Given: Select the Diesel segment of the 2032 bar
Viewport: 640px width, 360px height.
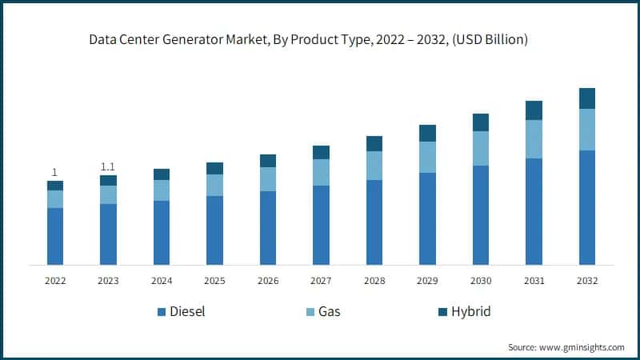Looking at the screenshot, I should click(x=587, y=207).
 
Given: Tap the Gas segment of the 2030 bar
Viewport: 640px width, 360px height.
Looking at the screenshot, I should click(x=481, y=148).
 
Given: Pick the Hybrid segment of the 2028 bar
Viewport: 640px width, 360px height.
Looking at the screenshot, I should click(x=374, y=143).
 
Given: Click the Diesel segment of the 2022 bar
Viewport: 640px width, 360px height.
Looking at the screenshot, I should click(x=55, y=236).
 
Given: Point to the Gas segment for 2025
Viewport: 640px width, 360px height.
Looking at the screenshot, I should click(x=214, y=185).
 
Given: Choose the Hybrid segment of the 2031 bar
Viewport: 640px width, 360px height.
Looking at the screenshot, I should click(x=534, y=110).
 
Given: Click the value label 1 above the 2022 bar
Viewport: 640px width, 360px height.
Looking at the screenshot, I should click(x=55, y=172).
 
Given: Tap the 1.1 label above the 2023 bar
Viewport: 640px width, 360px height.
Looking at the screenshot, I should click(x=108, y=166).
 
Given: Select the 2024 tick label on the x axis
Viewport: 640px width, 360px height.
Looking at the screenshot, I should click(x=162, y=281).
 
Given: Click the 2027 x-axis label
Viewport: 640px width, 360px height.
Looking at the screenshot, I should click(x=321, y=281).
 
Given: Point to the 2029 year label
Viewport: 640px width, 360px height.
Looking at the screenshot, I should click(x=427, y=281).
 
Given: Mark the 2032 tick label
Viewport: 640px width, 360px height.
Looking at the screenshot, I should click(x=587, y=281).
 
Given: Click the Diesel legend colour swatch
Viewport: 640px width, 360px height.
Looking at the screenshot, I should click(x=162, y=312).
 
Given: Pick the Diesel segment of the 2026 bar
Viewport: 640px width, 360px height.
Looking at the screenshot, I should click(x=268, y=228).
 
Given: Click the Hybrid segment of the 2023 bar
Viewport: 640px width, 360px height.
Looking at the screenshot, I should click(x=108, y=180).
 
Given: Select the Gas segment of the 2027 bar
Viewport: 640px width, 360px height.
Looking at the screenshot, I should click(x=321, y=172).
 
